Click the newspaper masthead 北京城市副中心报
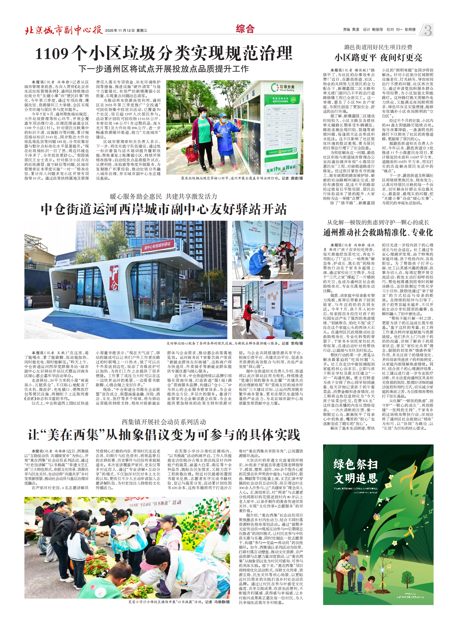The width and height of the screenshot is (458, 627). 63,30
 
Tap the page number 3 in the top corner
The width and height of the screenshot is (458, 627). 428,30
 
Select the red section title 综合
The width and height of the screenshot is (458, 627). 245,29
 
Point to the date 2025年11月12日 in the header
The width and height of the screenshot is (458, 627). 120,31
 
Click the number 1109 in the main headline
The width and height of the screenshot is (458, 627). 52,54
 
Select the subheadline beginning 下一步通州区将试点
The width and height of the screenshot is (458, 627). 164,69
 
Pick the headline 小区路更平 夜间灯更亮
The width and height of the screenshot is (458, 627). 378,57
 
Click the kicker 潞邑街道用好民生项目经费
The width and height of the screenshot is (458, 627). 378,47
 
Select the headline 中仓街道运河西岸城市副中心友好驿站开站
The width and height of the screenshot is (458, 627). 164,209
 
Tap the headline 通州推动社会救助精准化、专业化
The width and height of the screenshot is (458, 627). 378,233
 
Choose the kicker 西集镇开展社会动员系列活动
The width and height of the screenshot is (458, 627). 164,422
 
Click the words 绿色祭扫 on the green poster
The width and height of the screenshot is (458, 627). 356,464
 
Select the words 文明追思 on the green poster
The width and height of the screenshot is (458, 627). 356,478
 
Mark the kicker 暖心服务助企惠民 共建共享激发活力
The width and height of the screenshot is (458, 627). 164,196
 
